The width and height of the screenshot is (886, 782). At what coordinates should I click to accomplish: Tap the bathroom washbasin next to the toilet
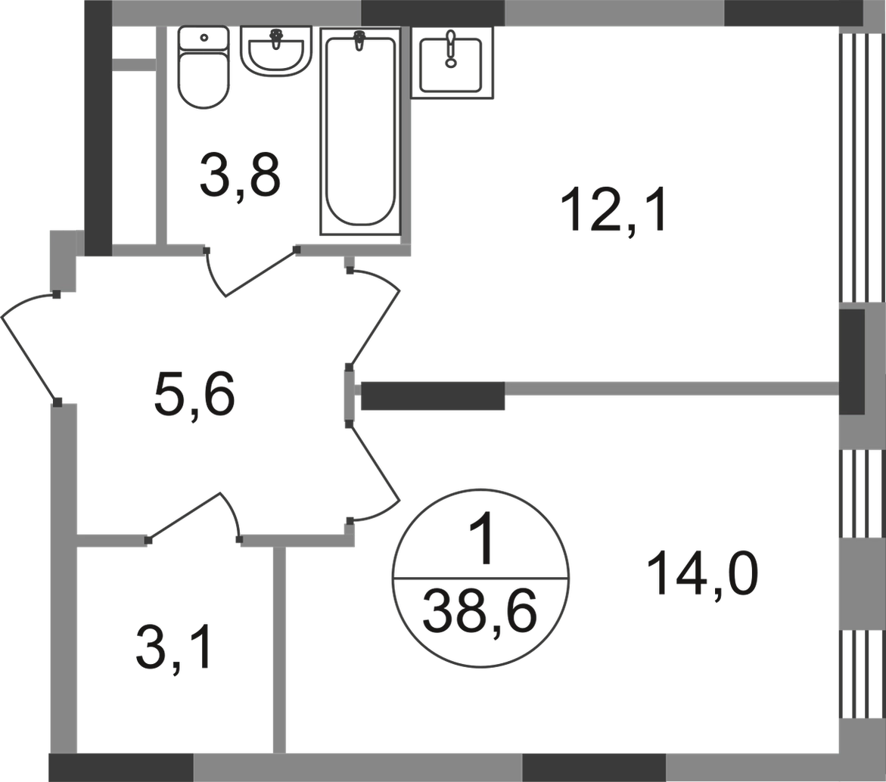pyautogui.click(x=275, y=51)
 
